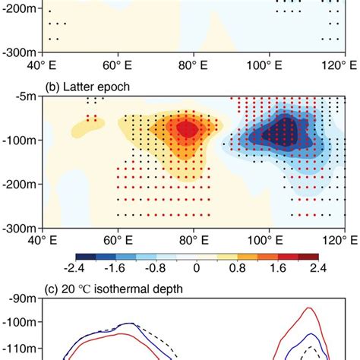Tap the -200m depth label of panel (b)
pyautogui.click(x=21, y=183)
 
